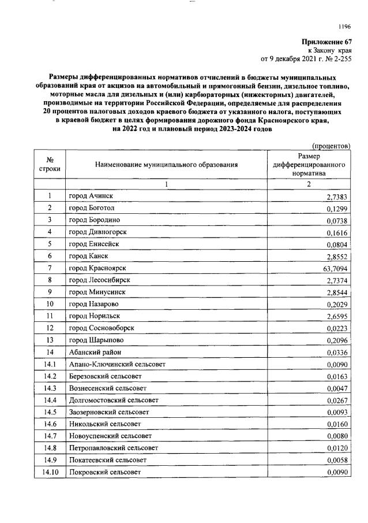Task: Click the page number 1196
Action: pyautogui.click(x=344, y=26)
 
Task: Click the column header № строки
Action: pyautogui.click(x=50, y=165)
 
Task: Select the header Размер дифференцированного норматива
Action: pyautogui.click(x=309, y=165)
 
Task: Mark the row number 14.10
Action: pyautogui.click(x=50, y=472)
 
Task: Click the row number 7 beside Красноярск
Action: pyautogui.click(x=50, y=268)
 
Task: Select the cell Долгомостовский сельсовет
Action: pyautogui.click(x=111, y=400)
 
